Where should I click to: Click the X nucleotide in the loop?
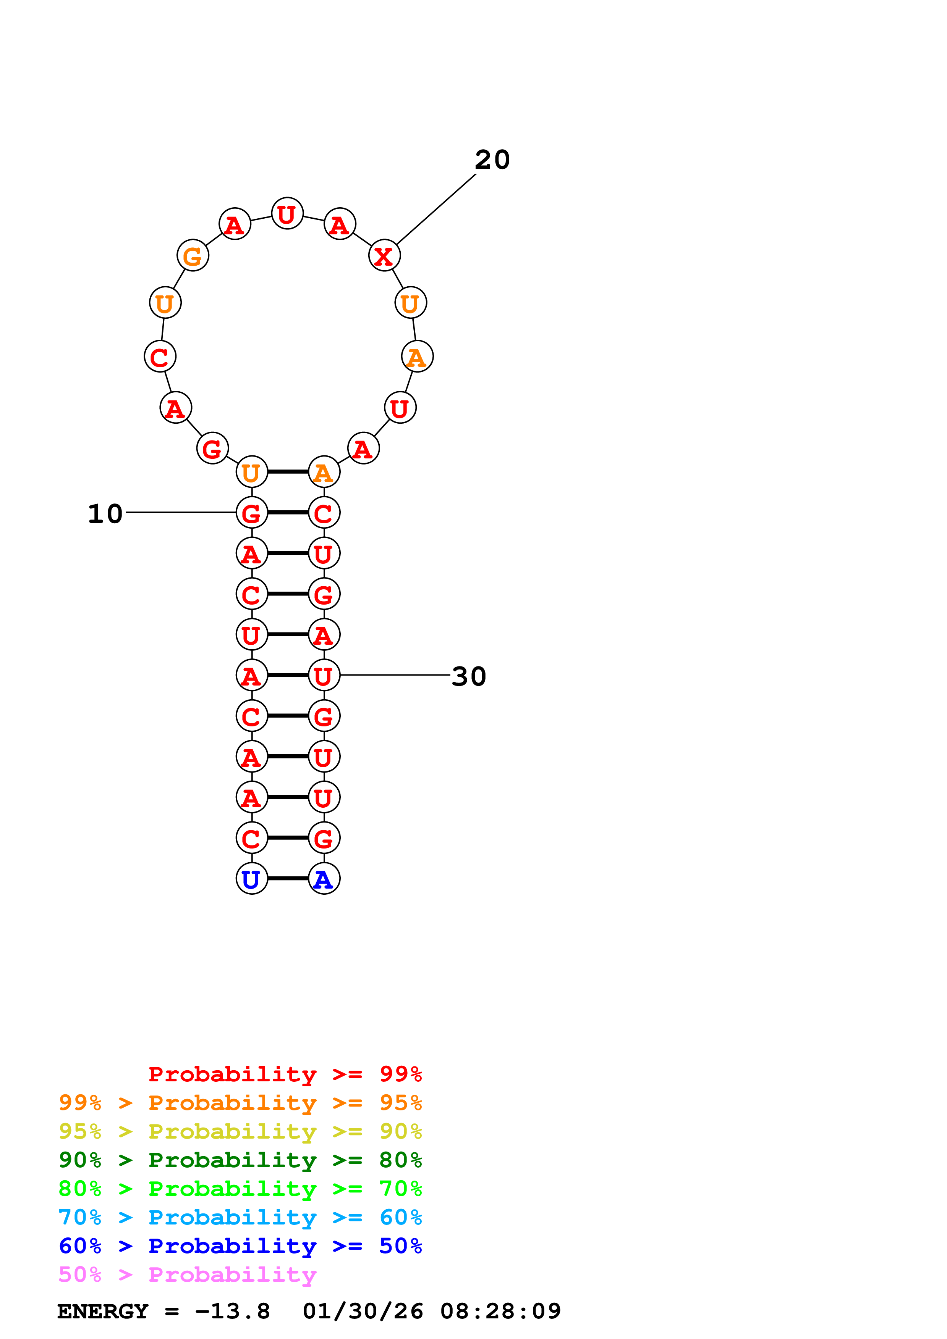[384, 255]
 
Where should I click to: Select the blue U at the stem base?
[251, 879]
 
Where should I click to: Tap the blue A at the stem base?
[324, 879]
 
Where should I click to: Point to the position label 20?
[492, 160]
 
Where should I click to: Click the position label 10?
[105, 514]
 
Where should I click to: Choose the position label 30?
[469, 676]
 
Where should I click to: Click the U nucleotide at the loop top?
[287, 214]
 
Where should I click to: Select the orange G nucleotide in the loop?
[193, 255]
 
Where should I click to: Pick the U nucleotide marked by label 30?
[324, 675]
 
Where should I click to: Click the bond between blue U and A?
[288, 878]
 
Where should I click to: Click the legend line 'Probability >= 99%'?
[285, 1074]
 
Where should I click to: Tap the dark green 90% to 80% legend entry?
[240, 1160]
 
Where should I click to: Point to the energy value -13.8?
[232, 1311]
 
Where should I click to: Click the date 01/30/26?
[363, 1311]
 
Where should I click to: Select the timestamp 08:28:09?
[501, 1311]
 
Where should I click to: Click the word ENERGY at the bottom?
[103, 1311]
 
